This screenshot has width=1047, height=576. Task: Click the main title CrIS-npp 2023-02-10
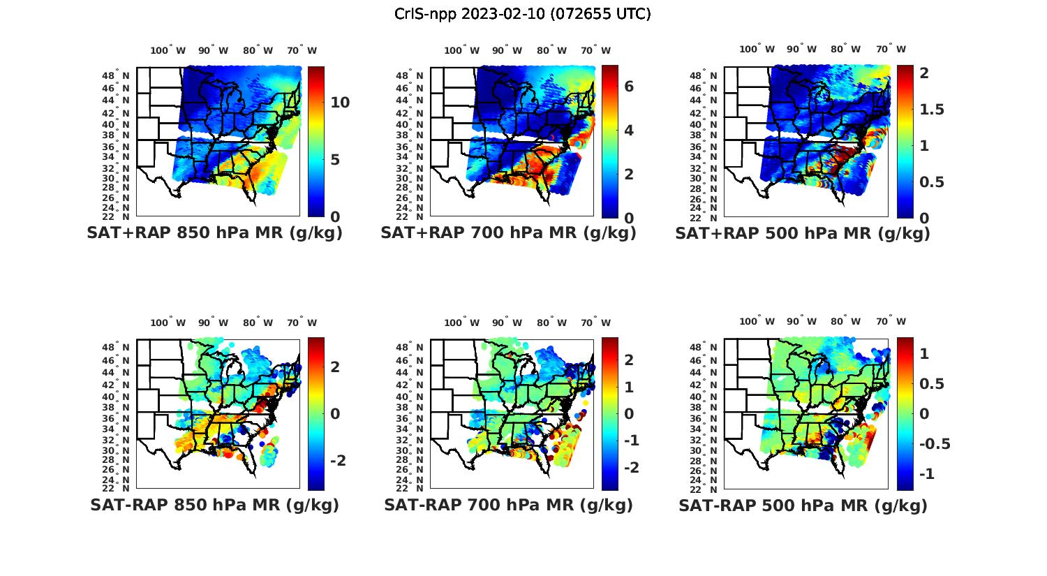pos(522,14)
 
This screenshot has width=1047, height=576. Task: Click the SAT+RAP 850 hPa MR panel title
pos(214,233)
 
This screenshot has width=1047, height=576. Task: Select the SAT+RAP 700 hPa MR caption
pos(508,233)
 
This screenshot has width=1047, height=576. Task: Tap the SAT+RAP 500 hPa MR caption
pos(803,233)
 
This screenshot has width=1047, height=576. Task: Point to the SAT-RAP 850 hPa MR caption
pos(214,505)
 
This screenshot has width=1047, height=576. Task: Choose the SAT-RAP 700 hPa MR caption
pos(508,505)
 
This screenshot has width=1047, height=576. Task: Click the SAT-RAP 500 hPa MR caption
pos(803,505)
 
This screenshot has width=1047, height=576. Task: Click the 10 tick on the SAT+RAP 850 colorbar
pos(340,103)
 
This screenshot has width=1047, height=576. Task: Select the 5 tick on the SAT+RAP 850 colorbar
pos(334,160)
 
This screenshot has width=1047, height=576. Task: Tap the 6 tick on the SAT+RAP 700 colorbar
pos(628,87)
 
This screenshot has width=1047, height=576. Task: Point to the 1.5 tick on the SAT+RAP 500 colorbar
pos(932,110)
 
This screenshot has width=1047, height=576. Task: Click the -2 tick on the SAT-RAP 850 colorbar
pos(337,461)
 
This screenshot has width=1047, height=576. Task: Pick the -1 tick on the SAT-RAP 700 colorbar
pos(631,441)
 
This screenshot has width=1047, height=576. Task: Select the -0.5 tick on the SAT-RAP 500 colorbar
pos(935,444)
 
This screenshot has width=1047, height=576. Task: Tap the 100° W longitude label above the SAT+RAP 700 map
pos(461,50)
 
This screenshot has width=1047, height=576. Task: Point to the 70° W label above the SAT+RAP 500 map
pos(891,49)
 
